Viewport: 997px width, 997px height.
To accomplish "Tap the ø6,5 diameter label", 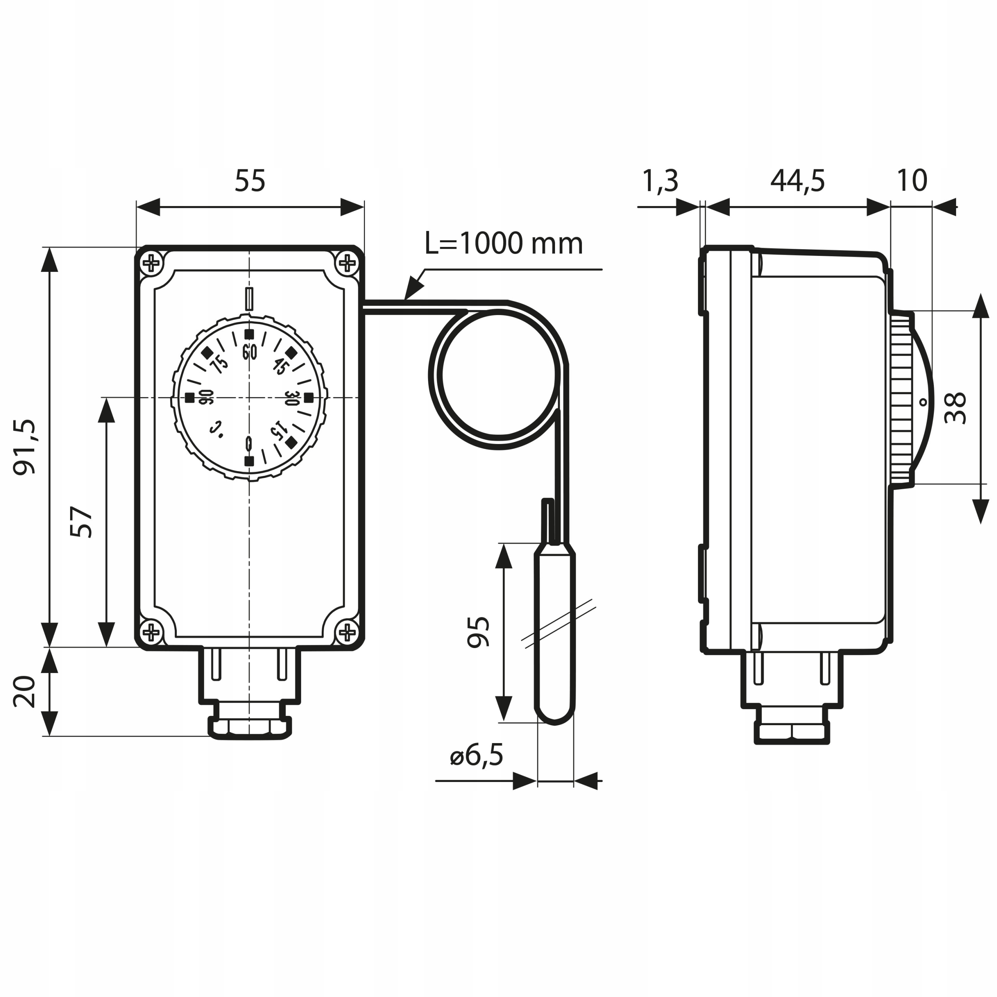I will click(x=476, y=756).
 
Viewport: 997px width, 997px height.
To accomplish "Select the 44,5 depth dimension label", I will click(x=797, y=181).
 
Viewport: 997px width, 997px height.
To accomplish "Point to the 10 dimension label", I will click(x=912, y=181).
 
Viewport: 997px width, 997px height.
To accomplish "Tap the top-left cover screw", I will click(x=151, y=264).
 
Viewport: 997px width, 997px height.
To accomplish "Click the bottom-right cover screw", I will click(x=348, y=631).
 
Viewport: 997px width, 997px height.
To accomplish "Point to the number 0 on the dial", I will click(x=249, y=443).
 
